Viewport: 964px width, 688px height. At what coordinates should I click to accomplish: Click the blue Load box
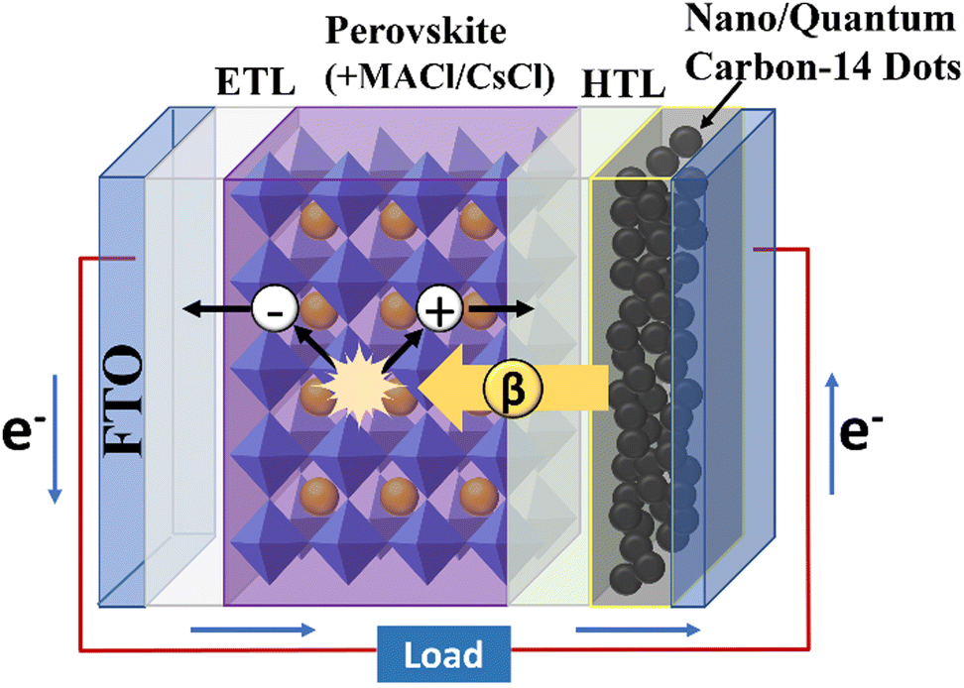(x=443, y=654)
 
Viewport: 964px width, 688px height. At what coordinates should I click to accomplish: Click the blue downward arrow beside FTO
(x=56, y=436)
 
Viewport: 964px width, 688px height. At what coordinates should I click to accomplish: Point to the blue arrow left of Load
(x=253, y=628)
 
